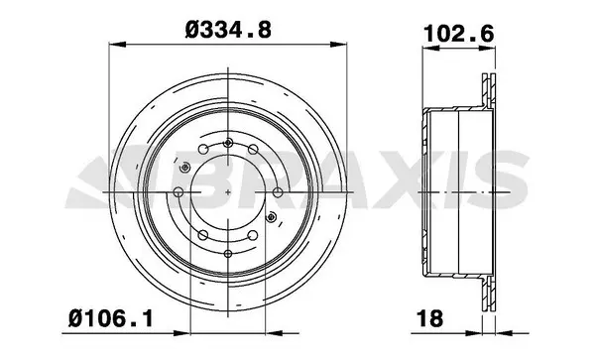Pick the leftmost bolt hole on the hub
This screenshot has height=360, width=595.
(x=178, y=193)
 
